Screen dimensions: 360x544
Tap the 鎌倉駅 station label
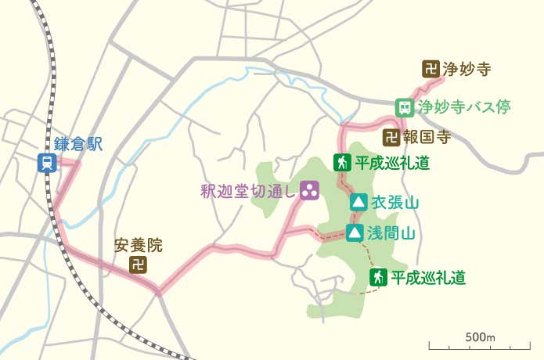coord(78,144)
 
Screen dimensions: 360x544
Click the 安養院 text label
coord(138,245)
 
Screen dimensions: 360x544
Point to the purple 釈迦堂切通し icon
coord(310,189)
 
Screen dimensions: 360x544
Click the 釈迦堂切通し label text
coord(248,189)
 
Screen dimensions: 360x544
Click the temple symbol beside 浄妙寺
coord(430,69)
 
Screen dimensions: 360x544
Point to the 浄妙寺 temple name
coord(467,69)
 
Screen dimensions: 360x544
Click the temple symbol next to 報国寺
coord(391,138)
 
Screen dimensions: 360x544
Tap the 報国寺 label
coord(427,138)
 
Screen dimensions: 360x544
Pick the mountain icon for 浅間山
coord(355,232)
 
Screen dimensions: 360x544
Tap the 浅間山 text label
coord(391,232)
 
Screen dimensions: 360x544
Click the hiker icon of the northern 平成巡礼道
coord(341,163)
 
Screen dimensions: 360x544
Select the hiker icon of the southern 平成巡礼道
coord(378,277)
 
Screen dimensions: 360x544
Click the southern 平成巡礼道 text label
coord(428,277)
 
